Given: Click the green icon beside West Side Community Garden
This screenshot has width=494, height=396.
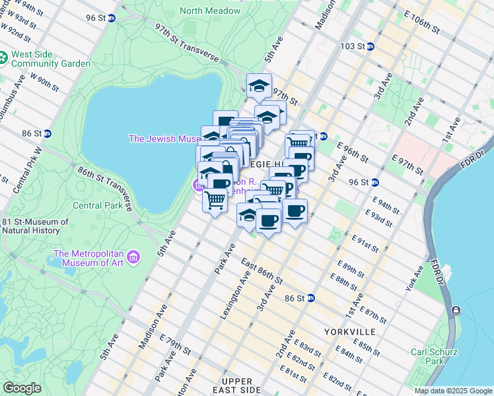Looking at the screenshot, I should (4, 59).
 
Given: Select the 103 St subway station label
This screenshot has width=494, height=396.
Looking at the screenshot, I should (352, 46).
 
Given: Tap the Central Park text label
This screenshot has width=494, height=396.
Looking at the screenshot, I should (96, 205).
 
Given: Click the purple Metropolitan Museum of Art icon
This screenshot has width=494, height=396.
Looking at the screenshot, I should (133, 256).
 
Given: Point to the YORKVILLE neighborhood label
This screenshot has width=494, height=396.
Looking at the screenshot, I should (349, 331).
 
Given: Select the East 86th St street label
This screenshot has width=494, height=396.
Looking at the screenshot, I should (262, 272).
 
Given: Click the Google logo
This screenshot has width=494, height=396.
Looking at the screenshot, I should (22, 388).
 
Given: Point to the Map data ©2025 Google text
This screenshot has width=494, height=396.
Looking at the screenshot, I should (452, 391).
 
